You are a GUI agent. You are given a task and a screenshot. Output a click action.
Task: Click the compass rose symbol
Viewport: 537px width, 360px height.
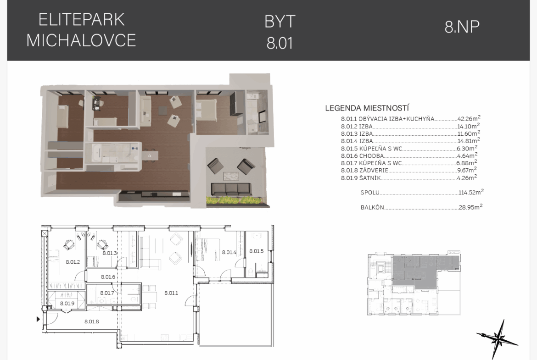point(497,339)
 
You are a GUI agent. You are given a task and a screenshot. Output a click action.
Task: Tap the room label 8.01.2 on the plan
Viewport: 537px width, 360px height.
point(73,262)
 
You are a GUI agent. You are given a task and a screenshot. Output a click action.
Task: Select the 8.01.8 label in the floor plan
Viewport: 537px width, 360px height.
point(91,321)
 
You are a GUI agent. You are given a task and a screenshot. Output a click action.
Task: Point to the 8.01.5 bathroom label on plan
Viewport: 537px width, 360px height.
point(257,251)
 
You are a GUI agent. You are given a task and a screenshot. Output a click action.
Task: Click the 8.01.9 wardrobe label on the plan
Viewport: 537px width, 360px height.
point(67,304)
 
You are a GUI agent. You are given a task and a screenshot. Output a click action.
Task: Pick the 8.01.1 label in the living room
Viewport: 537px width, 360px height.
point(171,293)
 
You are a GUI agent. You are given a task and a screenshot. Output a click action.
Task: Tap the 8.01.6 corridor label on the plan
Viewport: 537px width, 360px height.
point(108,277)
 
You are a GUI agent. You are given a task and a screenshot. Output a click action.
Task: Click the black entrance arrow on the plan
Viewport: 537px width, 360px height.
point(38,319)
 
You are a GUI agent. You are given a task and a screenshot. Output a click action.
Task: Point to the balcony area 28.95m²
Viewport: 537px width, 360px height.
point(470,207)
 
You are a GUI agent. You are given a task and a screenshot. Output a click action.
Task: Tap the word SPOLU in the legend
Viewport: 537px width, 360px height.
point(370,193)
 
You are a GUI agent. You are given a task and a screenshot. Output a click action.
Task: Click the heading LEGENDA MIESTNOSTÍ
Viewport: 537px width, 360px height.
point(367,109)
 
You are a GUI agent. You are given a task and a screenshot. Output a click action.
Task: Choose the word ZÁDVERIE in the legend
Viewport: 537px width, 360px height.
point(374,170)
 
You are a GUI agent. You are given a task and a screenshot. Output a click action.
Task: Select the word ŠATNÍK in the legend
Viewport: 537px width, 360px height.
point(370,178)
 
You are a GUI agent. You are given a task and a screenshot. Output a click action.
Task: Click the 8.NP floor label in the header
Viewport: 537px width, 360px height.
point(462,27)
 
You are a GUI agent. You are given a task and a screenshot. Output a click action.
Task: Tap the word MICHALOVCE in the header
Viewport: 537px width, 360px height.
point(81,40)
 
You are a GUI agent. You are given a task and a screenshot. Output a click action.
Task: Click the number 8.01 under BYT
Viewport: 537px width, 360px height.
point(280,44)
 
